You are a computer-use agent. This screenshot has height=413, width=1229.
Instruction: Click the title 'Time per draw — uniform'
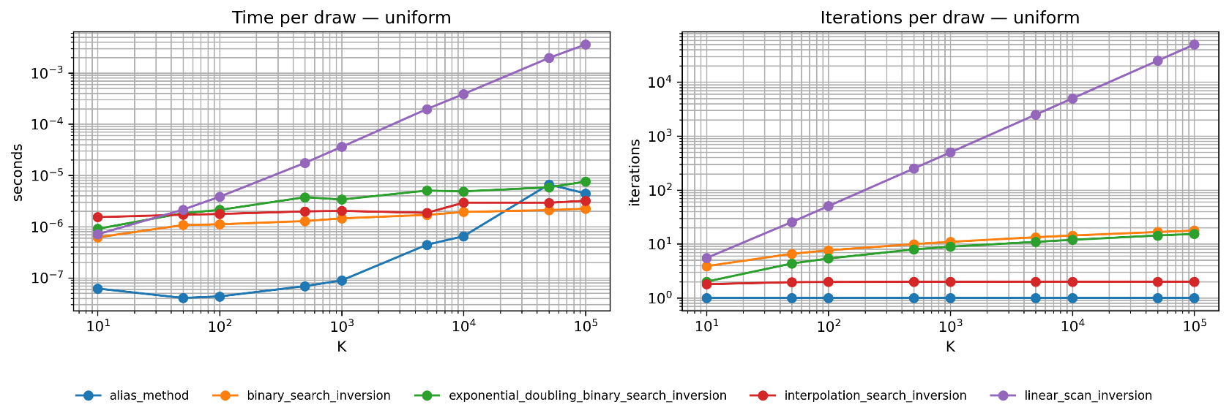341,18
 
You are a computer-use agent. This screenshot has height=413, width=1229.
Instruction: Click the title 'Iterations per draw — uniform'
949,18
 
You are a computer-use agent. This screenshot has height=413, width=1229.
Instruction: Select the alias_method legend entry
132,395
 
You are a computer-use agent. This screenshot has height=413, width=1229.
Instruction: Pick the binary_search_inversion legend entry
302,395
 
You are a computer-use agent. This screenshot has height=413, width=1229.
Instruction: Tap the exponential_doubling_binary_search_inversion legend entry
570,395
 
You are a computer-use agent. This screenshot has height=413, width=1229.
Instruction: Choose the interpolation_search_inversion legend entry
858,395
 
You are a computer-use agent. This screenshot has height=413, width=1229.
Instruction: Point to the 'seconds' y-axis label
18,173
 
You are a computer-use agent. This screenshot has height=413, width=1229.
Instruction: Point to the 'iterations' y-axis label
635,173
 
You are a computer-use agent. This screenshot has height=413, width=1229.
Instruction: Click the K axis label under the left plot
341,346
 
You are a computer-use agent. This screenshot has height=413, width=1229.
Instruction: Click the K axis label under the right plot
949,346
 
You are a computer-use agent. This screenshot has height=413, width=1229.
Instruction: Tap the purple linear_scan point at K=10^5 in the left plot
585,45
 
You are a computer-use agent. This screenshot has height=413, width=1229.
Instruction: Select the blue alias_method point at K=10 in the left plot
97,289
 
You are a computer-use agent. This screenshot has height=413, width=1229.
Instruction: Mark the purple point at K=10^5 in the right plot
1194,45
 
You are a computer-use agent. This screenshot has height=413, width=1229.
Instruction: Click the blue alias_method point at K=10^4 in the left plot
463,236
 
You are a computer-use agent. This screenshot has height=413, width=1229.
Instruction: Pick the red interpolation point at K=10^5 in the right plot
1194,281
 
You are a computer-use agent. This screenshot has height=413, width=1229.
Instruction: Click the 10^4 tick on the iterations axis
659,83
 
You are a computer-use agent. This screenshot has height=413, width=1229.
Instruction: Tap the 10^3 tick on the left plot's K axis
341,327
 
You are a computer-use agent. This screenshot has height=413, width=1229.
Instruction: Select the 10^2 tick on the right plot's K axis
828,327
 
